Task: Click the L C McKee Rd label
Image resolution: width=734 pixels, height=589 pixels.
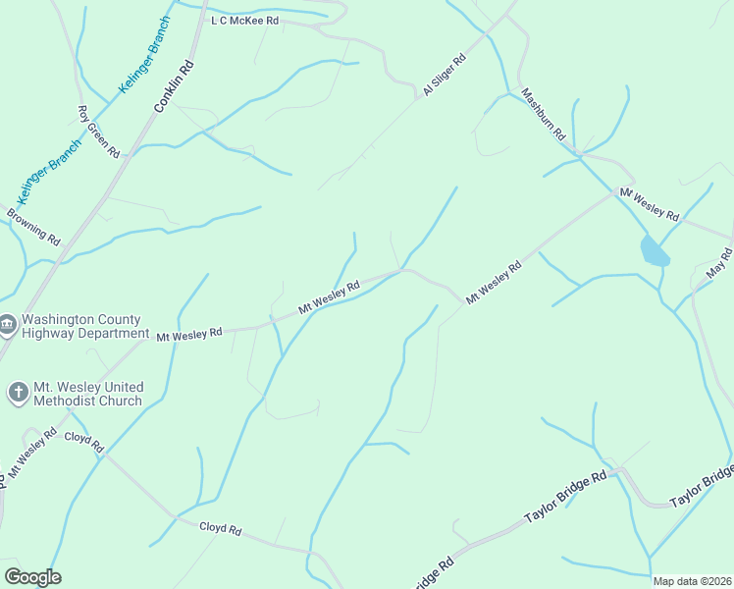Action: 245,20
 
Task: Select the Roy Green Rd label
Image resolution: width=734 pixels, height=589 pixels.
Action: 98,133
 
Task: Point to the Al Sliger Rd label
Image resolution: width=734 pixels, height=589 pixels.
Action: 445,76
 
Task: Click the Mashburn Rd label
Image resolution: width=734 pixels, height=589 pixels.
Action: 545,113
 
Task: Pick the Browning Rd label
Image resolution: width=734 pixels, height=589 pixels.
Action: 33,226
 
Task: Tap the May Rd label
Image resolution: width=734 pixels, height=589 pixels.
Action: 719,262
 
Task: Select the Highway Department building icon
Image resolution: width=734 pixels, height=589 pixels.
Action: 8,324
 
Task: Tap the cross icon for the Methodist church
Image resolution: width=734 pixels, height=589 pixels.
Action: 18,393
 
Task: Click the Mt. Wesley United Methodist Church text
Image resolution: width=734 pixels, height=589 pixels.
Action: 87,394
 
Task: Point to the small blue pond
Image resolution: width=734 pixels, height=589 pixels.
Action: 655,252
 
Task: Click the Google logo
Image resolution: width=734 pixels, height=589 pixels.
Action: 32,577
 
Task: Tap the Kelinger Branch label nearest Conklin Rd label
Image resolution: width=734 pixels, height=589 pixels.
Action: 145,56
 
